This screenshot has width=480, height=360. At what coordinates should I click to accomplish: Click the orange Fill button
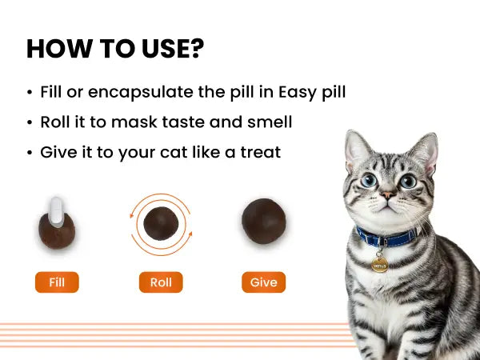[x=57, y=282]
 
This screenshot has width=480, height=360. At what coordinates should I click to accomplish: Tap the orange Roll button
[x=161, y=282]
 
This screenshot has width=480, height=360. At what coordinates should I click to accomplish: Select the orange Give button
[x=263, y=282]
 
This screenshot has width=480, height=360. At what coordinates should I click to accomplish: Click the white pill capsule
[x=57, y=212]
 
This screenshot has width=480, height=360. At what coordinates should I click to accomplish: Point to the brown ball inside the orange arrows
[x=161, y=223]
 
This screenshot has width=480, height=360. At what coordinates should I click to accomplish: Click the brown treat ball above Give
[x=264, y=221]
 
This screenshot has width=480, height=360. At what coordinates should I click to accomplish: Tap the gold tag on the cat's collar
[x=379, y=265]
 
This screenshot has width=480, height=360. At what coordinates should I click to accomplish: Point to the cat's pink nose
[x=387, y=195]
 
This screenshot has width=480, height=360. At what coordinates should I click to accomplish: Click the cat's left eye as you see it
[x=369, y=180]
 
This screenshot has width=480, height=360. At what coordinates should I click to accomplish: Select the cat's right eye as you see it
[x=408, y=182]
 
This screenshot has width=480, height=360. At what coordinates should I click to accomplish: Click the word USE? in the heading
[x=173, y=49]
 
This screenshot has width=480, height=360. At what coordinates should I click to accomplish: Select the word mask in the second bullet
[x=134, y=122]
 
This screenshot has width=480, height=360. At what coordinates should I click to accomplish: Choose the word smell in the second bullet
[x=270, y=122]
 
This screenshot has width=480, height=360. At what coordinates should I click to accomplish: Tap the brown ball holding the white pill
[x=57, y=231]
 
